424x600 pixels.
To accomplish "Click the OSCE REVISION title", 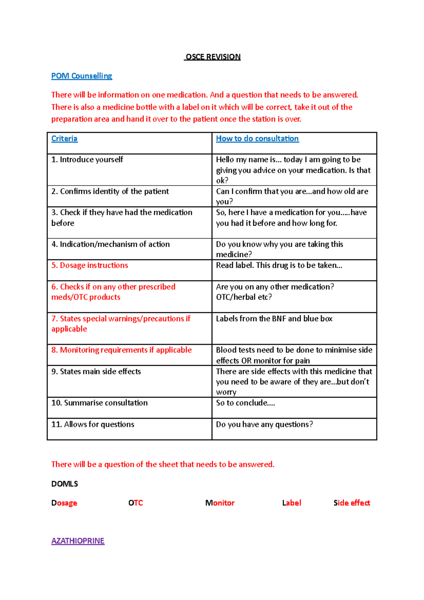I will pos(213,57).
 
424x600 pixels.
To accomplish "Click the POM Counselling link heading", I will pos(82,76).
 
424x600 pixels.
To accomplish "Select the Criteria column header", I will pos(64,139).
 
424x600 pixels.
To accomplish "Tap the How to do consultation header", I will pos(257,139).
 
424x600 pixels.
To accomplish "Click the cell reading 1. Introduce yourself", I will pos(87,160).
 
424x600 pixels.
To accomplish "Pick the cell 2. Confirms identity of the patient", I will pos(110,192).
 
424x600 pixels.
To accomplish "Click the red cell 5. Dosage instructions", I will pos(90,265).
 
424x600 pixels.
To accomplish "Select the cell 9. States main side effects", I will pos(96,371).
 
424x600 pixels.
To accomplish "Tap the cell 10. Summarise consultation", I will pos(99,403).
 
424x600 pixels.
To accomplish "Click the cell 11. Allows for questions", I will pos(93,424).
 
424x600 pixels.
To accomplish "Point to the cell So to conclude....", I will pos(245,403).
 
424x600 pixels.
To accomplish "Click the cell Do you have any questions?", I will pos(264,424).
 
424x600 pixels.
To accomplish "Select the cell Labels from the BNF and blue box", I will pos(274,319).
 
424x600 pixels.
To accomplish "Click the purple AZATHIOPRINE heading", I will pos(78,541).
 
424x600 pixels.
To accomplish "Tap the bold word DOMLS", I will pos(65,484).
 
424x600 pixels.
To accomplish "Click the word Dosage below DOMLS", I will pos(64,503).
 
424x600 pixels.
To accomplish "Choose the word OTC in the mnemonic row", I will pos(136,503).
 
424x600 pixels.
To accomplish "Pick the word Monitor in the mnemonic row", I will pos(220,503).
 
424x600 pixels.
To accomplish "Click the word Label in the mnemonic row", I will pos(291,503).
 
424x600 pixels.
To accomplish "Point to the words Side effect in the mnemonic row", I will pos(352,503).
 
